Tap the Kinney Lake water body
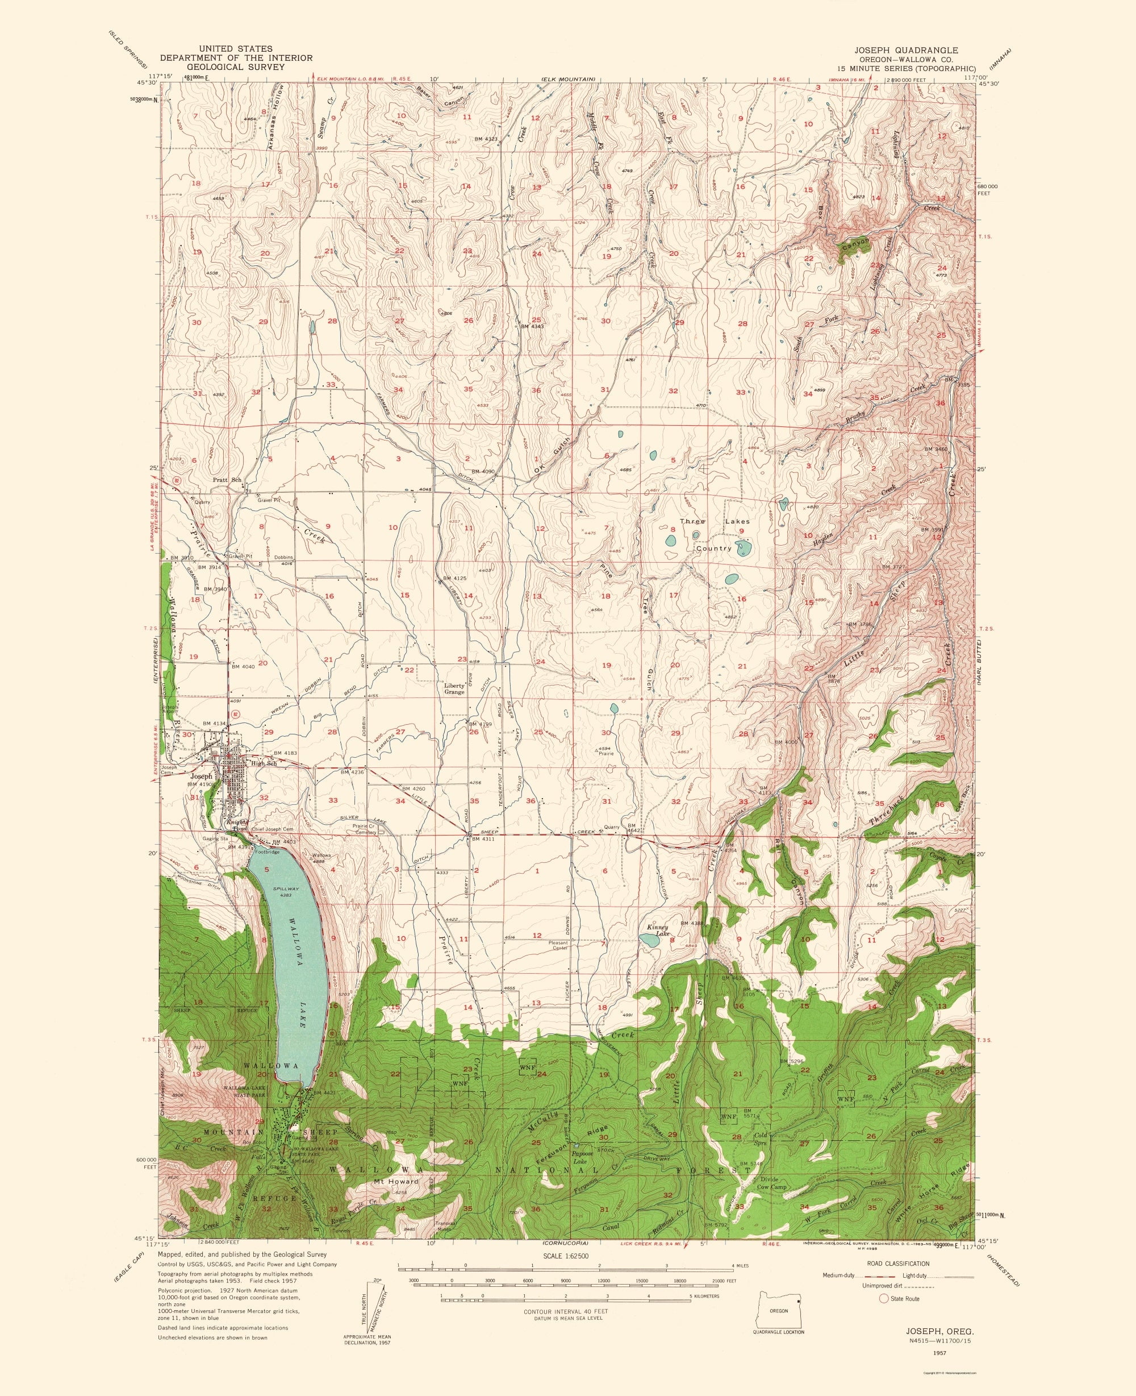coord(649,940)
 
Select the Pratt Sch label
coord(227,479)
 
